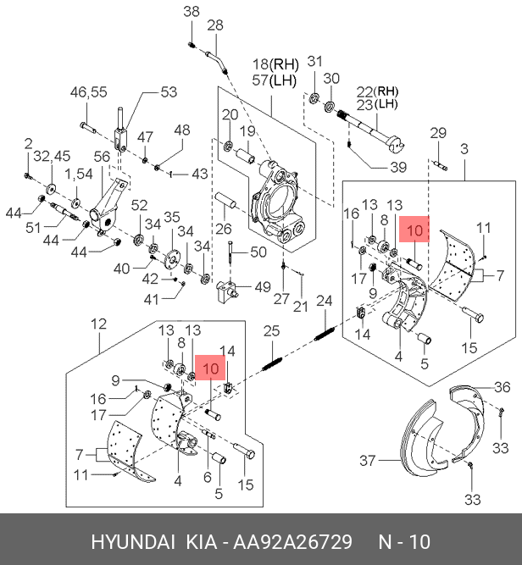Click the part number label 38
[192, 12]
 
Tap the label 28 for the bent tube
[215, 25]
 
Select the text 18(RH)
[275, 64]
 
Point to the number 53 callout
[169, 91]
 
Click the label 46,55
[89, 91]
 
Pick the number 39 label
[398, 167]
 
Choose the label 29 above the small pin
[438, 133]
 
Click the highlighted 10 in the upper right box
[414, 230]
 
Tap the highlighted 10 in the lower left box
[211, 368]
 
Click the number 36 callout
[503, 387]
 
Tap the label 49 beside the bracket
[263, 287]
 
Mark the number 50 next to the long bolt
[258, 252]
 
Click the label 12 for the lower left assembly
[99, 324]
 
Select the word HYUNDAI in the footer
[133, 541]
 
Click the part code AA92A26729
[292, 541]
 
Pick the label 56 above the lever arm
[102, 157]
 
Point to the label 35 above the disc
[171, 218]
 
